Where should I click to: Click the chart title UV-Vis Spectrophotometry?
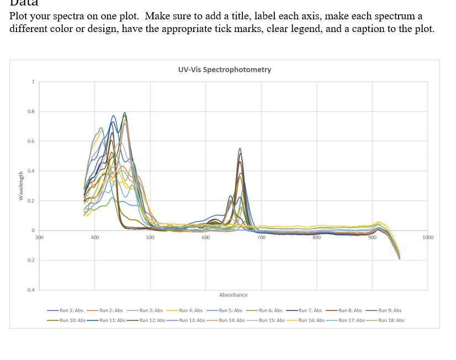[225, 70]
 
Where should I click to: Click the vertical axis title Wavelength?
[21, 185]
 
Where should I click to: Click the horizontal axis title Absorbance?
[233, 295]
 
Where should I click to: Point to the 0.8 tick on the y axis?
[32, 112]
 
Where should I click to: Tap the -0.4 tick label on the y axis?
[31, 289]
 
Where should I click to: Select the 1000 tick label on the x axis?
[427, 237]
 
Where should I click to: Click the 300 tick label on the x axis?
[39, 237]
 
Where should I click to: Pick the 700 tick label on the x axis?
[261, 237]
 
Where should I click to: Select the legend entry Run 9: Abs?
[390, 310]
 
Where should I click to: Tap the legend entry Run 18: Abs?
[391, 320]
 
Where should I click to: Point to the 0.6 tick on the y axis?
[32, 142]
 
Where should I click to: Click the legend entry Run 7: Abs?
[310, 310]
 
